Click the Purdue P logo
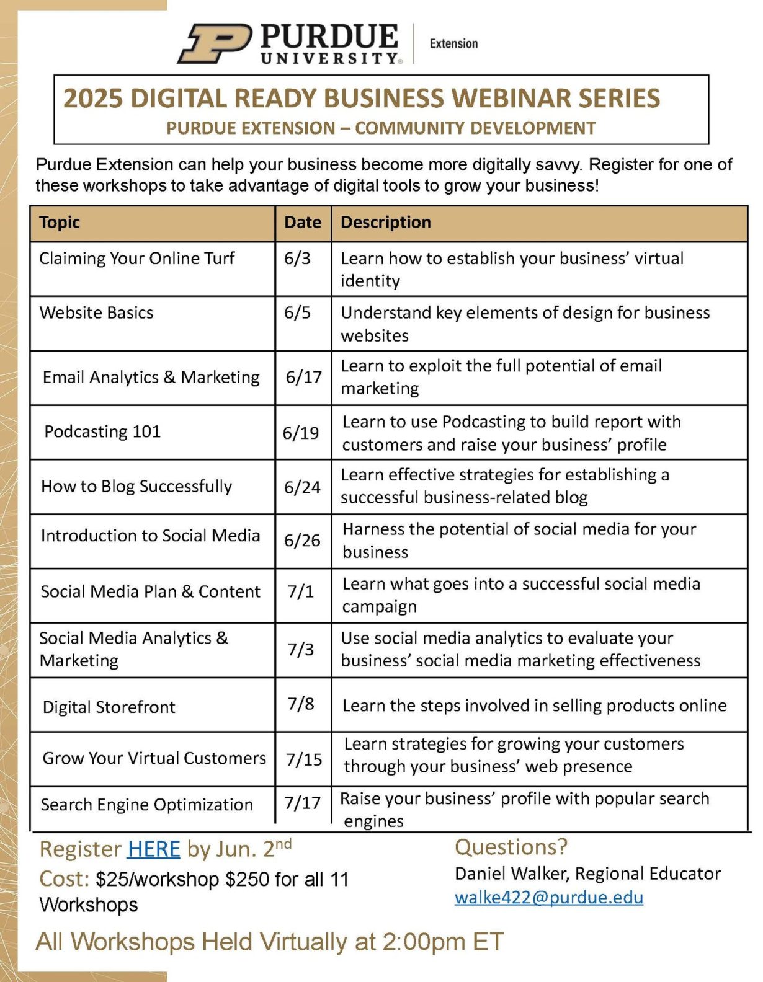click(x=214, y=43)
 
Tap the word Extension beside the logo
click(x=453, y=43)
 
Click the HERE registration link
click(x=154, y=849)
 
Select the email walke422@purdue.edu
click(x=549, y=897)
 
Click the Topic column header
click(x=60, y=222)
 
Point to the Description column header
click(x=385, y=222)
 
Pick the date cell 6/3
click(x=297, y=259)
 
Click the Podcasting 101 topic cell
click(x=102, y=431)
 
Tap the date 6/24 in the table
click(x=302, y=487)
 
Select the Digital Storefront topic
click(x=109, y=707)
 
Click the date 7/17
click(x=302, y=803)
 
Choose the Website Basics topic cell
click(x=96, y=312)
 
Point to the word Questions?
click(x=511, y=847)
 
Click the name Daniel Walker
click(x=512, y=874)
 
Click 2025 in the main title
click(x=93, y=99)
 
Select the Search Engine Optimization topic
click(x=147, y=805)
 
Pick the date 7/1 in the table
click(x=300, y=591)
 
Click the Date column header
click(x=303, y=222)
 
